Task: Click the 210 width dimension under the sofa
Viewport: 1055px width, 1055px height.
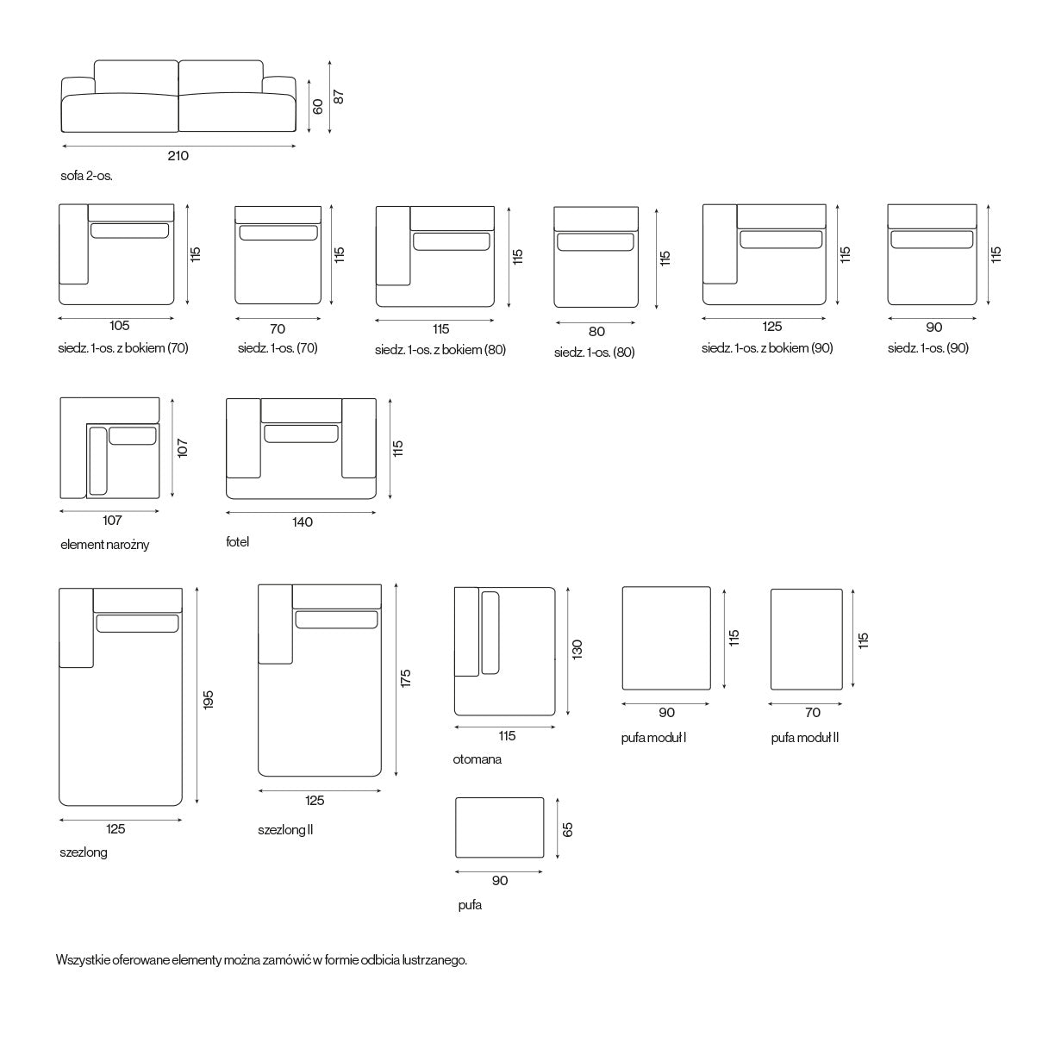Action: pos(178,156)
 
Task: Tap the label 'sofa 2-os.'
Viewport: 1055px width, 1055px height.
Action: pos(86,177)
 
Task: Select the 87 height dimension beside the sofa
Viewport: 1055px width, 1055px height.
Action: pos(339,97)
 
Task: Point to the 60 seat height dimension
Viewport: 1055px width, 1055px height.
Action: pos(317,106)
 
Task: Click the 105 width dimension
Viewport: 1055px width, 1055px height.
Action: pos(119,326)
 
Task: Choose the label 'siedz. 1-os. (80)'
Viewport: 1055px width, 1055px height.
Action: pos(594,353)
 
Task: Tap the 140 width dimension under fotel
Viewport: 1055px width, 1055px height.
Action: pos(303,522)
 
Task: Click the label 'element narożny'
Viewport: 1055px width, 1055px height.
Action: pos(104,545)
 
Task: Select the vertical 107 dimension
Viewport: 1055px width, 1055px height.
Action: pos(183,448)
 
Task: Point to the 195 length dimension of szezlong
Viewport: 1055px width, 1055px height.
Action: pos(208,700)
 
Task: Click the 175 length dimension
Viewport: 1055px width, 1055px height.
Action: pos(405,678)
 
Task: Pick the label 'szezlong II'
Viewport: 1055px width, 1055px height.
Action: pos(285,830)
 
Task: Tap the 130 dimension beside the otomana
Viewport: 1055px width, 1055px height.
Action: pos(577,649)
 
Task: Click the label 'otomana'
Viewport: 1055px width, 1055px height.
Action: pos(477,759)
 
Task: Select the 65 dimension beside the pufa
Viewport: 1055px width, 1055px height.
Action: pos(568,830)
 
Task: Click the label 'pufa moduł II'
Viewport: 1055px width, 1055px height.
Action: pos(805,738)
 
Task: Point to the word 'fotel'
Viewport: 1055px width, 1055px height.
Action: pos(238,542)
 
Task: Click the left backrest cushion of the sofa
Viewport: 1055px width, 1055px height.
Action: pos(136,77)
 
